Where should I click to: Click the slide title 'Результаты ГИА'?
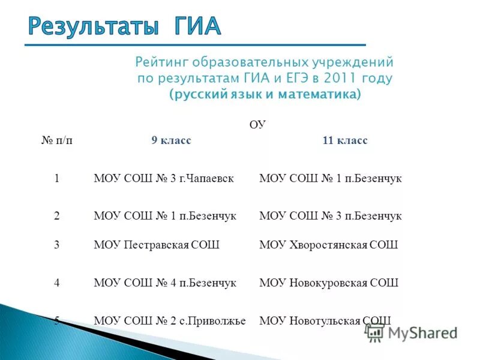(x=125, y=26)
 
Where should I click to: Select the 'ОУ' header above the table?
(x=257, y=125)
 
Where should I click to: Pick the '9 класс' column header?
(x=171, y=140)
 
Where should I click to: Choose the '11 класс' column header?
(x=345, y=140)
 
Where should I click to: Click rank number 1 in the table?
(x=57, y=178)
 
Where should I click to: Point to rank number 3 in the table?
(x=57, y=245)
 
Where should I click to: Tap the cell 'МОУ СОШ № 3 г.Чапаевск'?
(x=164, y=178)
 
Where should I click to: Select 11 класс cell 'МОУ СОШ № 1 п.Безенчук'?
(x=330, y=178)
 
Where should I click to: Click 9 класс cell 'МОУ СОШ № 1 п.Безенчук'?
(x=165, y=215)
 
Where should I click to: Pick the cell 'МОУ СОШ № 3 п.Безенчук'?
(x=330, y=215)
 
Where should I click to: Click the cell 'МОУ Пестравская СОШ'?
(x=157, y=245)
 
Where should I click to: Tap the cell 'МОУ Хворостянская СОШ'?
(x=328, y=245)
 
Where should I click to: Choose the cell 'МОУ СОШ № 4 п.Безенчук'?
(x=165, y=283)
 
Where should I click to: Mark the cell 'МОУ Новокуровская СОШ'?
(x=328, y=283)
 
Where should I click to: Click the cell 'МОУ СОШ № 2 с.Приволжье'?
(x=170, y=320)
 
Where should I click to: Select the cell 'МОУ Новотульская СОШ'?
(x=325, y=320)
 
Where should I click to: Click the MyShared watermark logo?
(x=412, y=333)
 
